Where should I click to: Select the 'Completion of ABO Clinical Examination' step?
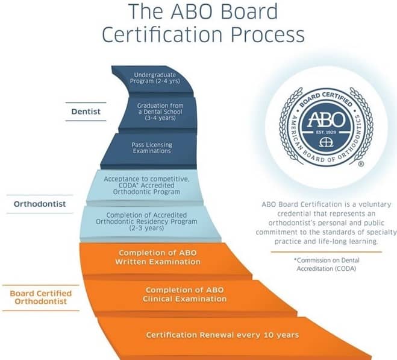(x=184, y=295)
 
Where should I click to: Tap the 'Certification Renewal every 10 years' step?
(x=222, y=335)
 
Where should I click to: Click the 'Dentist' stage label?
(x=86, y=112)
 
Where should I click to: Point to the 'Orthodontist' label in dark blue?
(x=40, y=204)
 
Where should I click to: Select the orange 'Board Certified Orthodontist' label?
(x=41, y=297)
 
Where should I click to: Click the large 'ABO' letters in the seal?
(x=326, y=119)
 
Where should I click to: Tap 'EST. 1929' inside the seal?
(x=326, y=132)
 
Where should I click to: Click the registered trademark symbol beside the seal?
(x=361, y=164)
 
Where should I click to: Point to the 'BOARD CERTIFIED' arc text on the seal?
(x=326, y=98)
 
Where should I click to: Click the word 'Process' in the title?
(x=267, y=34)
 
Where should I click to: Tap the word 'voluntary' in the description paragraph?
(x=375, y=204)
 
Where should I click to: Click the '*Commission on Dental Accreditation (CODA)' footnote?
(x=327, y=265)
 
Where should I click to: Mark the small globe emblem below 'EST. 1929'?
(x=326, y=142)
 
